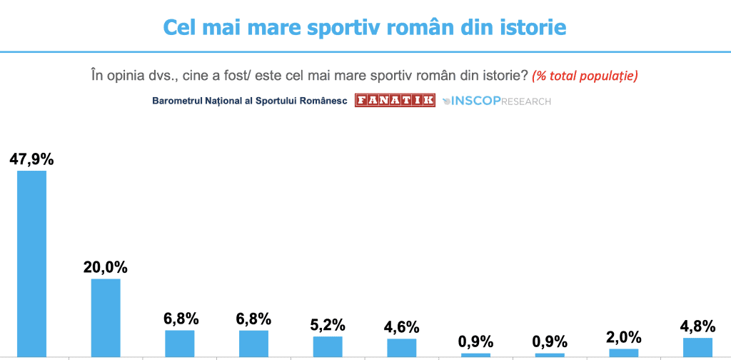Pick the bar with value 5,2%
point(328,346)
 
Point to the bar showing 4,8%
point(698,346)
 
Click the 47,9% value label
point(31,159)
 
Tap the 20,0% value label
point(106,267)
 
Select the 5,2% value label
point(328,325)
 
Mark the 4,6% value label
point(402,327)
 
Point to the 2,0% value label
point(624,337)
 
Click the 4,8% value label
point(698,326)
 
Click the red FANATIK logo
point(395,101)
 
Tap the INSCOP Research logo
point(497,101)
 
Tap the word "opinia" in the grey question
point(127,75)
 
